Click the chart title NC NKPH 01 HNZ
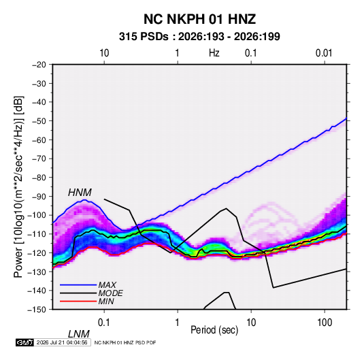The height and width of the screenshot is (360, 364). [199, 19]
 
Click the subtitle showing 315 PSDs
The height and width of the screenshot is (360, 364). [199, 37]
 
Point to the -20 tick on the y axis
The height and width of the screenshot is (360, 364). [39, 65]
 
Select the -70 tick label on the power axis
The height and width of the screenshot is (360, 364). [39, 159]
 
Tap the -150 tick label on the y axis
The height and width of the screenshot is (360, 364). [37, 310]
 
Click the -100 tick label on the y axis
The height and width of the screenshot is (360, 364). [37, 215]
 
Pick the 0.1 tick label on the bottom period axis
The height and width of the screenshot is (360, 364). [104, 323]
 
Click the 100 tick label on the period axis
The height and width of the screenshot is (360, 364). [325, 323]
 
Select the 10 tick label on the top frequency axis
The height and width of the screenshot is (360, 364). [104, 53]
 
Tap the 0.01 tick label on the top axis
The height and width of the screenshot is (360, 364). [324, 53]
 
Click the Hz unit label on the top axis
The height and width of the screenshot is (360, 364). [214, 53]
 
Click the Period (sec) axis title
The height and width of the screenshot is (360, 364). [214, 330]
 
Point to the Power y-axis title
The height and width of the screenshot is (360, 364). [18, 186]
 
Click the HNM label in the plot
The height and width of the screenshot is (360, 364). [80, 193]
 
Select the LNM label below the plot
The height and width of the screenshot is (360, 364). [79, 334]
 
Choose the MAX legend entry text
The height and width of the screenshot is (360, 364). [107, 284]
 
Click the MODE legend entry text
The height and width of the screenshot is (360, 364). [110, 293]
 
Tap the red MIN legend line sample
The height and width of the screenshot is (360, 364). [78, 301]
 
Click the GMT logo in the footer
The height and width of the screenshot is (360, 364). [24, 342]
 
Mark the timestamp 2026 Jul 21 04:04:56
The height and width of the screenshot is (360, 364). [62, 342]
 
